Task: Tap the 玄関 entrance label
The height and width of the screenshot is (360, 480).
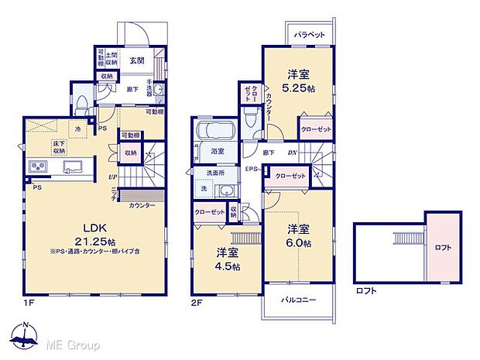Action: (136, 60)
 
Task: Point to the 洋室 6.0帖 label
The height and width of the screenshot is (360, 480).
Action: (300, 236)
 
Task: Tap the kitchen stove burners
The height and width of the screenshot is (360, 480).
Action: (39, 168)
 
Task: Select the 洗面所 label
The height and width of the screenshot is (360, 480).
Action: (214, 172)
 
